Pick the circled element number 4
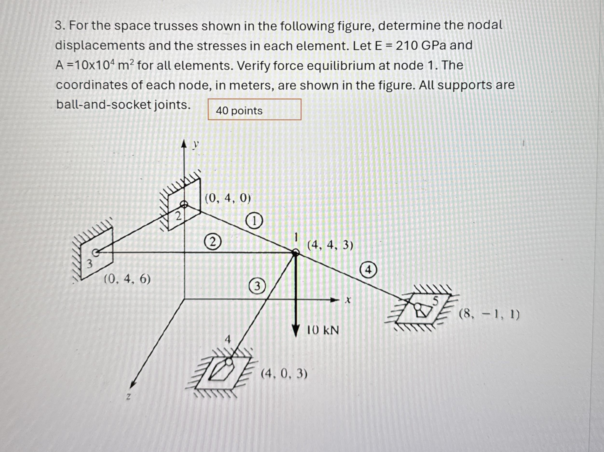coord(368,270)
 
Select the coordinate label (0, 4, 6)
coord(128,279)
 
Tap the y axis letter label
coord(195,145)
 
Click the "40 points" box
coord(254,110)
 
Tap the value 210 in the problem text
coord(407,46)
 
